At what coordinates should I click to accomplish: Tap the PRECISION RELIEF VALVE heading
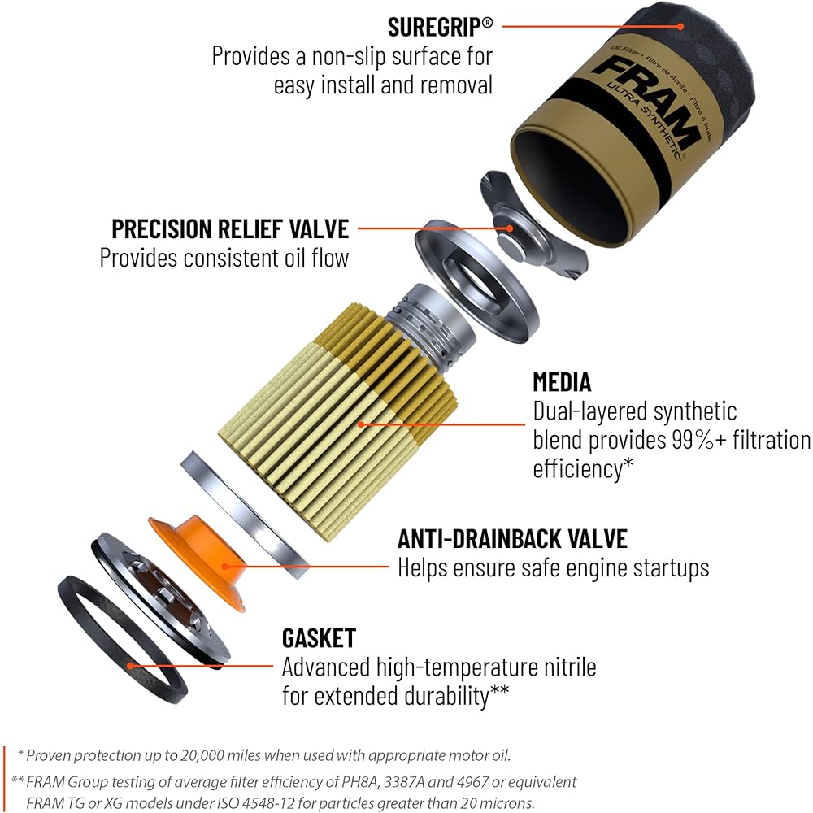(x=230, y=228)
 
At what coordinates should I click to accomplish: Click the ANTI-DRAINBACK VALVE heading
(x=512, y=538)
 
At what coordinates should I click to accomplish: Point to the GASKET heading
(x=319, y=637)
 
